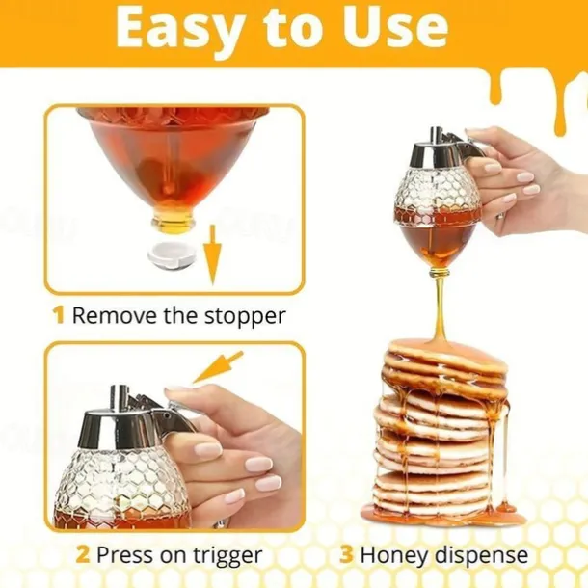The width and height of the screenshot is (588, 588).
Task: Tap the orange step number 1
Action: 59,315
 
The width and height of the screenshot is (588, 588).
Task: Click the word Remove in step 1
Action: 109,315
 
